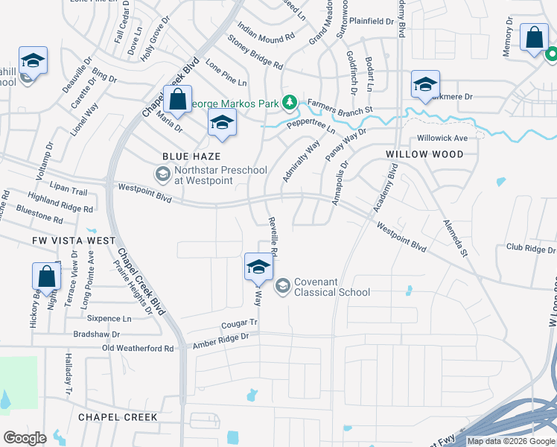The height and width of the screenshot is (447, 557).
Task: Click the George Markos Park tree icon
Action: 294,103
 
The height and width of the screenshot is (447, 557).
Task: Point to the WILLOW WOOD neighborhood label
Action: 424,154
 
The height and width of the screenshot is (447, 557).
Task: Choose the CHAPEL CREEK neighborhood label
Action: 118,417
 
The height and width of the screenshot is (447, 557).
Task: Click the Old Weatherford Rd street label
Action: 138,348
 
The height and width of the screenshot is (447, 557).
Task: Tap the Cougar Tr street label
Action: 238,324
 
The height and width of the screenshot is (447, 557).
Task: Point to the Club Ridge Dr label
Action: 531,247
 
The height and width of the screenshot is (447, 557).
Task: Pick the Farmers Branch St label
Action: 340,107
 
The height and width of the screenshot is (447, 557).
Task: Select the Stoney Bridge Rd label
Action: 255,54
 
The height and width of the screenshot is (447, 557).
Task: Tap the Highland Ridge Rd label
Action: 60,204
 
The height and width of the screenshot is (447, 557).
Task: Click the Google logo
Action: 25,437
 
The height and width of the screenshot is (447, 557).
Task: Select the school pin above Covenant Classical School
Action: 258,267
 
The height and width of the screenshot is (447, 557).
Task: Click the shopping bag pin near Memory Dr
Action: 535,39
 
